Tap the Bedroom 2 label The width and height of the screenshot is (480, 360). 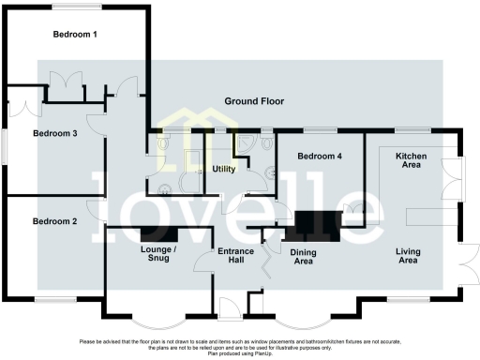(54, 221)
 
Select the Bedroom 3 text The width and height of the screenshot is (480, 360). (54, 134)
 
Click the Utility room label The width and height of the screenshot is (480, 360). (223, 170)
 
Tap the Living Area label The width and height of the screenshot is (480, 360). (407, 256)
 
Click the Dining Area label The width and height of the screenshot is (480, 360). (303, 257)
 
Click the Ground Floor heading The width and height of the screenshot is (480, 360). (253, 101)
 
